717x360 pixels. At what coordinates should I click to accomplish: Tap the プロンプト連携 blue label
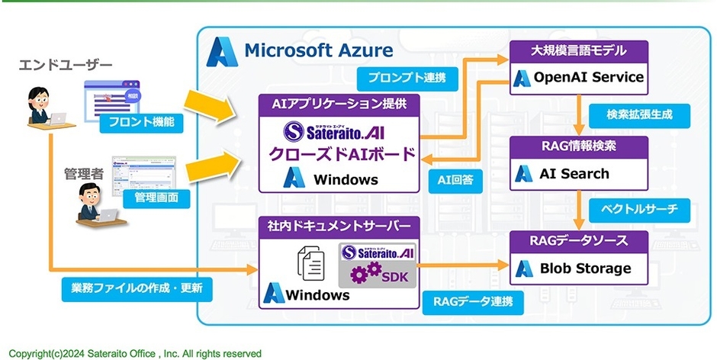point(402,78)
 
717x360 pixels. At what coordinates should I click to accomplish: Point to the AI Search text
point(574,173)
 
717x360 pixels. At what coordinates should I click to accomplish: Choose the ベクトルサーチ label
point(637,207)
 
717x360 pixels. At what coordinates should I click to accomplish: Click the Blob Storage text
point(585,268)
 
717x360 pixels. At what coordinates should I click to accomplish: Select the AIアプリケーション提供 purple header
point(339,103)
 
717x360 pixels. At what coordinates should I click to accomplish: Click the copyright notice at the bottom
point(135,353)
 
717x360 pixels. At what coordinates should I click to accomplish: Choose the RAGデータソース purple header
point(579,240)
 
